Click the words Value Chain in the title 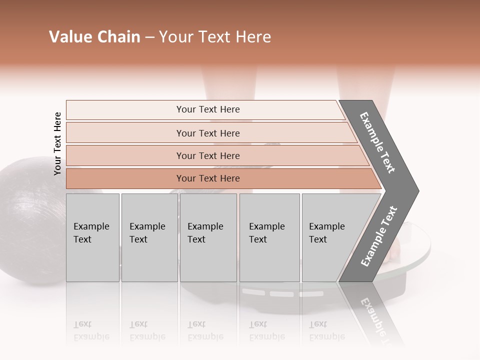pyautogui.click(x=94, y=37)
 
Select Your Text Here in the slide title pyautogui.click(x=215, y=37)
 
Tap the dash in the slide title pyautogui.click(x=149, y=37)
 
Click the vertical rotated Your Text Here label pyautogui.click(x=57, y=143)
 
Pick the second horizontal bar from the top pyautogui.click(x=208, y=133)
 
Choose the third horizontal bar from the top pyautogui.click(x=208, y=155)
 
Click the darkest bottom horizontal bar pyautogui.click(x=208, y=178)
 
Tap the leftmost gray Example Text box pyautogui.click(x=92, y=237)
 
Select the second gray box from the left pyautogui.click(x=149, y=237)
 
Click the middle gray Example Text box pyautogui.click(x=208, y=237)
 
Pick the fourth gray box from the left pyautogui.click(x=269, y=237)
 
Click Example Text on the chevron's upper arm pyautogui.click(x=377, y=142)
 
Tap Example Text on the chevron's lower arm pyautogui.click(x=378, y=236)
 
